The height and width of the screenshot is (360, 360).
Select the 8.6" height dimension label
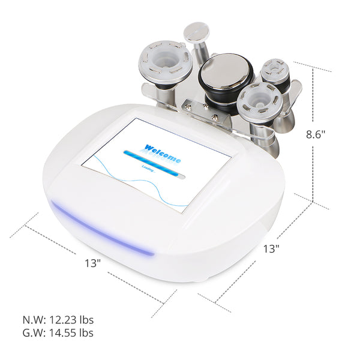click(x=315, y=135)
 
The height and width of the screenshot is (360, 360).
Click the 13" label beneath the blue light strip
click(x=92, y=263)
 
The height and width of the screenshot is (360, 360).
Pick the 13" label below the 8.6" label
click(x=272, y=248)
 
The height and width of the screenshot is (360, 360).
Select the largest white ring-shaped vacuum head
click(x=164, y=62)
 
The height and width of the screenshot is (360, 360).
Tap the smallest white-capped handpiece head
click(x=275, y=71)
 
